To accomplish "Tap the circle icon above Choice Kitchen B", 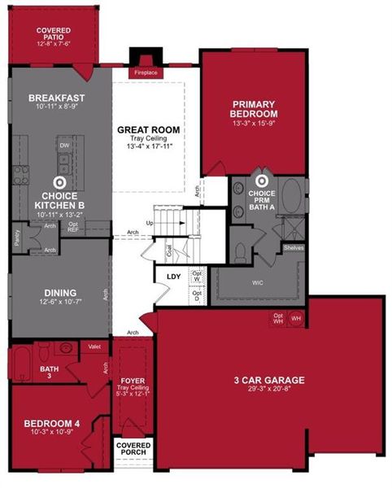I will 59,184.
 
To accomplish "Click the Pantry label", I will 17,237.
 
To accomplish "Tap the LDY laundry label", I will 173,277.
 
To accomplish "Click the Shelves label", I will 294,247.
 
